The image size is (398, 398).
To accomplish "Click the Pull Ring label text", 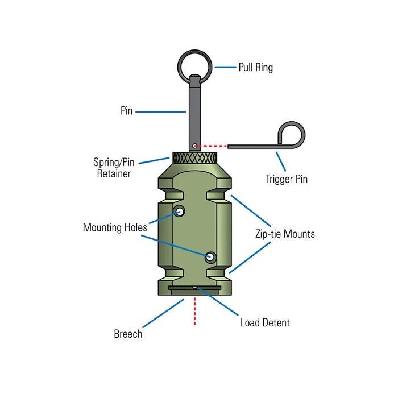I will pos(255,68).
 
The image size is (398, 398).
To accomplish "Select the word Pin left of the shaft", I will pos(126,111).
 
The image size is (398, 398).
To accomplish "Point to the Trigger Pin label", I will pos(286,179).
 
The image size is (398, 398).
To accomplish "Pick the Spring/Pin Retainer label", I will pos(112,168).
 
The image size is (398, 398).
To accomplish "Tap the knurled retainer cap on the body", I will pos(194,158).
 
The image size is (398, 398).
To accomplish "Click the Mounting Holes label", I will pos(115,227).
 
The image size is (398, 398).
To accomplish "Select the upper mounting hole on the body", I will pos(181,212).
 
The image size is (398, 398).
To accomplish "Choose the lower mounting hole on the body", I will pos(210,257).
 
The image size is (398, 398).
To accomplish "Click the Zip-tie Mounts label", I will pos(284,234).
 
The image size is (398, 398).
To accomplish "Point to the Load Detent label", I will pos(265,323).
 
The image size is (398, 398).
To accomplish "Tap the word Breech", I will pos(128,334).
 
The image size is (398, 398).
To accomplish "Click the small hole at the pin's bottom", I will pos(194,146).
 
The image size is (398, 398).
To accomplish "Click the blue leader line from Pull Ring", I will pos(226,67).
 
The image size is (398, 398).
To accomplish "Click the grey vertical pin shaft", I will pos(194,111).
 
